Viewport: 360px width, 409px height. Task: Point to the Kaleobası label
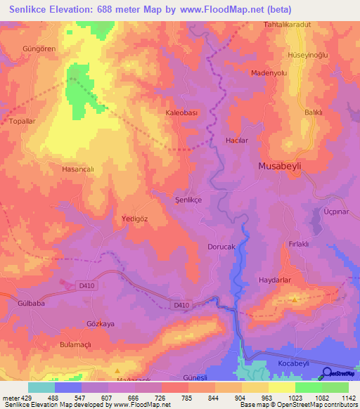pos(183,112)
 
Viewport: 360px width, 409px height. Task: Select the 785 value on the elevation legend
pos(188,398)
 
